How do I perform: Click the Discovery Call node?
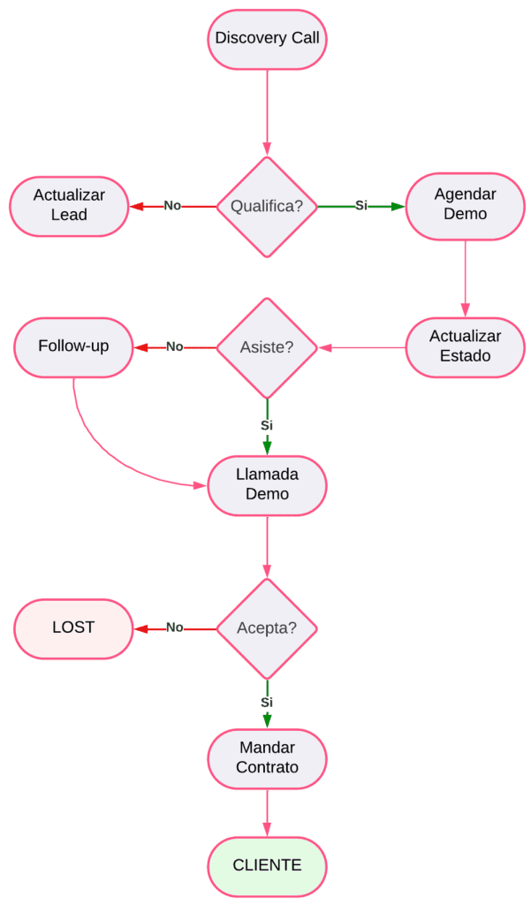click(267, 39)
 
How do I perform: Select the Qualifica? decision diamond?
click(267, 207)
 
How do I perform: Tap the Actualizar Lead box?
click(69, 205)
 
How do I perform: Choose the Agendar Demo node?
click(465, 204)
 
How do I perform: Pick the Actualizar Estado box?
click(465, 346)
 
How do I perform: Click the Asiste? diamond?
click(267, 347)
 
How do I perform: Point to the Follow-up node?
click(73, 346)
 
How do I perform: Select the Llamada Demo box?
click(267, 485)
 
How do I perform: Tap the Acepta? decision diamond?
click(267, 628)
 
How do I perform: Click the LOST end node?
click(73, 628)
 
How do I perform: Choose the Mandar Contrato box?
click(267, 758)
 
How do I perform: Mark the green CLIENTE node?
click(267, 866)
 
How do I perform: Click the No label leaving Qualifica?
click(172, 206)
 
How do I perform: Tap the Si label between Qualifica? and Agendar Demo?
click(361, 206)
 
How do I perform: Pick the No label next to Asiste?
click(175, 347)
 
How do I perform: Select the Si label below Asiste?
click(267, 425)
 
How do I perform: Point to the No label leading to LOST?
click(175, 628)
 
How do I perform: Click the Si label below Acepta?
click(267, 703)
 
